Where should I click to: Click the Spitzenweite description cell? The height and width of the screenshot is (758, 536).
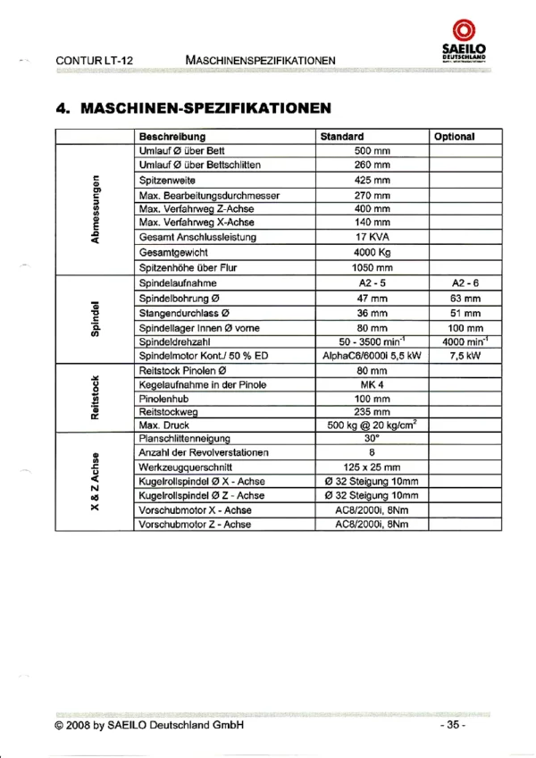point(166,180)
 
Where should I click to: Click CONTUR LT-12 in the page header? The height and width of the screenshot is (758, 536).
point(94,60)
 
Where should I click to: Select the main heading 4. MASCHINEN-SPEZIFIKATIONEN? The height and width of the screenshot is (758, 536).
point(193,107)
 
